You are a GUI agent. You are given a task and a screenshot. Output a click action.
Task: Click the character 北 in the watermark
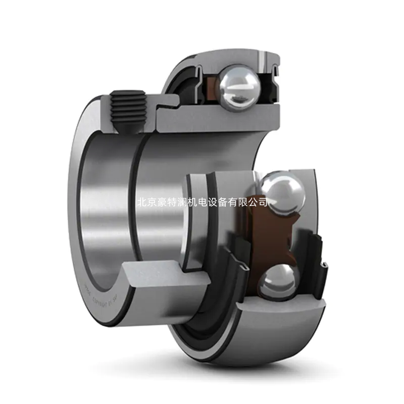141,202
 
